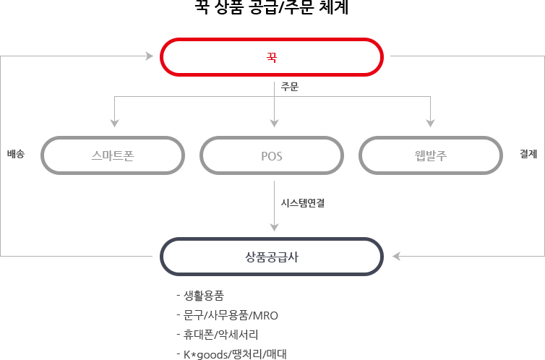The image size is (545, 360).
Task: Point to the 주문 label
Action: point(290,87)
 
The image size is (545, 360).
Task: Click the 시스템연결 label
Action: point(303,203)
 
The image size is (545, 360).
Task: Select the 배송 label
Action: point(16,153)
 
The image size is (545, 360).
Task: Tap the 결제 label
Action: point(528,153)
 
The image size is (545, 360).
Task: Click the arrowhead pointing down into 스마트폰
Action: point(115,124)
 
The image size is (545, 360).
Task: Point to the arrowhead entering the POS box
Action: point(274,124)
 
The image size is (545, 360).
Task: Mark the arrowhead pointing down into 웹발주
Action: point(430,124)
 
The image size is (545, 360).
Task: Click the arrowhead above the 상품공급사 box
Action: point(274,227)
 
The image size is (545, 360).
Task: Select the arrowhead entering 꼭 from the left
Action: point(150,56)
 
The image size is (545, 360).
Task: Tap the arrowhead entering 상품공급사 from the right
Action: point(396,256)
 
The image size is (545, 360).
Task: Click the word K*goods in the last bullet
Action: point(206,354)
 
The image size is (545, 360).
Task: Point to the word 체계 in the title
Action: point(334,7)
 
